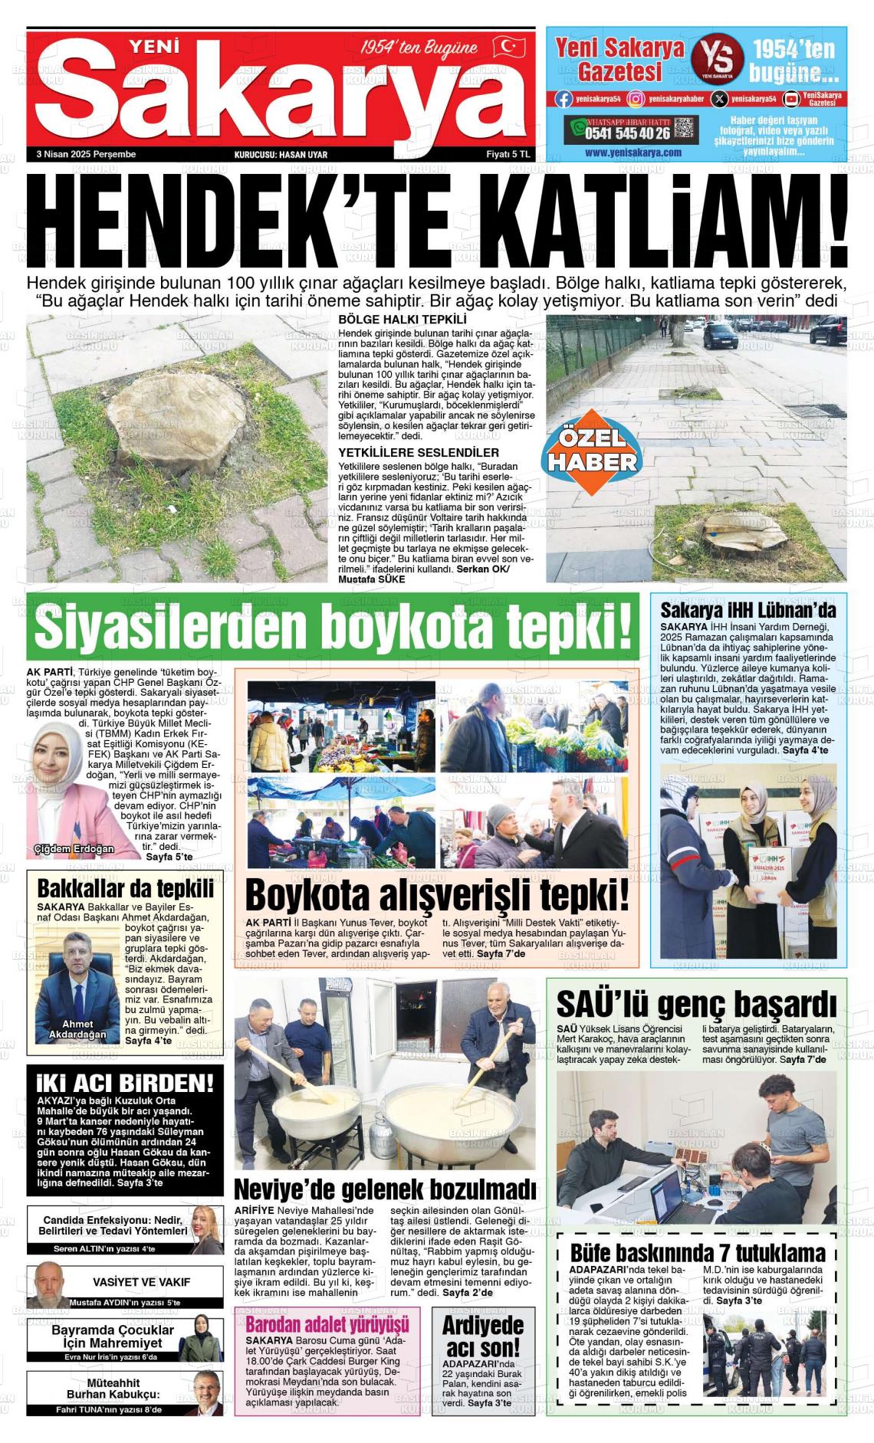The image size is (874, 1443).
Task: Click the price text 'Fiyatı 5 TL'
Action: (x=508, y=154)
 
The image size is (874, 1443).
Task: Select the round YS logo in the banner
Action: (x=717, y=59)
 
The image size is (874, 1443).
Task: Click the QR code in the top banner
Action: (x=685, y=128)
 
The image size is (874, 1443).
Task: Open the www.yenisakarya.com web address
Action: (x=633, y=152)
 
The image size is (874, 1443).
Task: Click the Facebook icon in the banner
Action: (x=563, y=98)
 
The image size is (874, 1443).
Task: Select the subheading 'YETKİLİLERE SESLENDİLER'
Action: (x=419, y=453)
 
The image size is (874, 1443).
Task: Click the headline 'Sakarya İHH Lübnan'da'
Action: (x=748, y=610)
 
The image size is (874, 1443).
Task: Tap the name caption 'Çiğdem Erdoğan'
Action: (x=74, y=848)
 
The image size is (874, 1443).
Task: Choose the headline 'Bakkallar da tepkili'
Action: (x=126, y=889)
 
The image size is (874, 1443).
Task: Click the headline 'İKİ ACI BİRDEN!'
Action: (x=125, y=1084)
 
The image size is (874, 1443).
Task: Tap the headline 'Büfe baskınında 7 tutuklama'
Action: (x=698, y=1254)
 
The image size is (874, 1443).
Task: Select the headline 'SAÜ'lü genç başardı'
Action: (x=696, y=1004)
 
